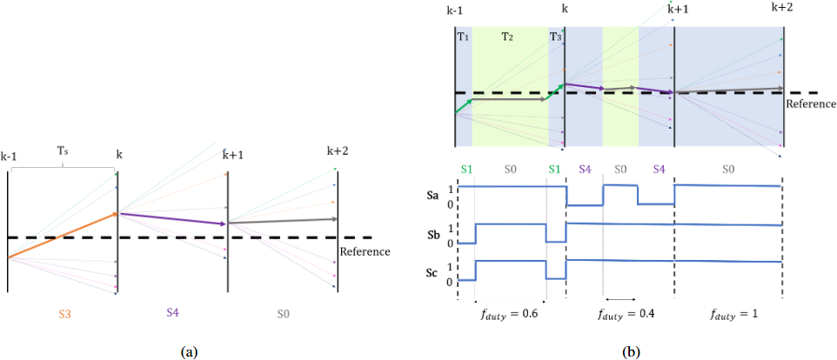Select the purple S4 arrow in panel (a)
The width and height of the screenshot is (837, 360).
pos(172,218)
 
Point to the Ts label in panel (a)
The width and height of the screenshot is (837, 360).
pos(63,150)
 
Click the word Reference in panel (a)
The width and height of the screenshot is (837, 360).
pos(364,252)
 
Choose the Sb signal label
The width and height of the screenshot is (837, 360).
pos(432,235)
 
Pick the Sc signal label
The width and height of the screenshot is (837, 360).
pos(432,271)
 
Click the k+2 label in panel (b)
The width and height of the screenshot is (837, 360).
pos(781,7)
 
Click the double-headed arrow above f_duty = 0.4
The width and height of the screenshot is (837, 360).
pos(619,297)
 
